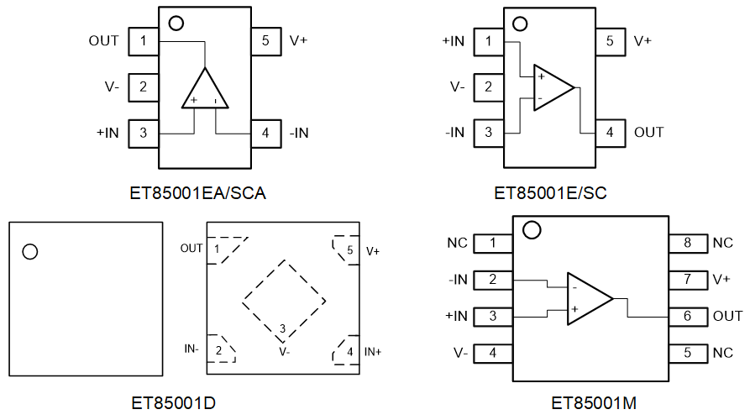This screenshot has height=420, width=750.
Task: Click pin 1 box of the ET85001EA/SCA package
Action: [x=144, y=40]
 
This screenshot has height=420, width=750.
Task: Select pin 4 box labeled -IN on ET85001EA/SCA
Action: [x=265, y=133]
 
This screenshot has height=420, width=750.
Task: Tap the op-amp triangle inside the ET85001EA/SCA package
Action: [x=205, y=91]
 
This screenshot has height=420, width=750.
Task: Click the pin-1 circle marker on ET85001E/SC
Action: [x=520, y=24]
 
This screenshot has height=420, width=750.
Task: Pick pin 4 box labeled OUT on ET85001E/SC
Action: [x=610, y=133]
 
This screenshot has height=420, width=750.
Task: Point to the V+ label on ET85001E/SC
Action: [x=642, y=40]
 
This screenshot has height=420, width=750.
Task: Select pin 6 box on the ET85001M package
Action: [x=687, y=316]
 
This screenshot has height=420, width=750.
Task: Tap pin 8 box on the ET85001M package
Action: [x=687, y=244]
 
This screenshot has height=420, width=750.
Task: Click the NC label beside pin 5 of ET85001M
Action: [x=723, y=353]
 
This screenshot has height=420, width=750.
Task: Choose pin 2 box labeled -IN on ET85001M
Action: [x=493, y=280]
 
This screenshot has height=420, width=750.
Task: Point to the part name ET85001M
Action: [x=594, y=404]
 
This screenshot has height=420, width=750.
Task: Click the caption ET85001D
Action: [x=173, y=404]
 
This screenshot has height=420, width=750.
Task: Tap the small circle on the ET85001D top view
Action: [x=30, y=251]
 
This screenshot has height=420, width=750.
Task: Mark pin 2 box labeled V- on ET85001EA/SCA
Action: [x=144, y=87]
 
